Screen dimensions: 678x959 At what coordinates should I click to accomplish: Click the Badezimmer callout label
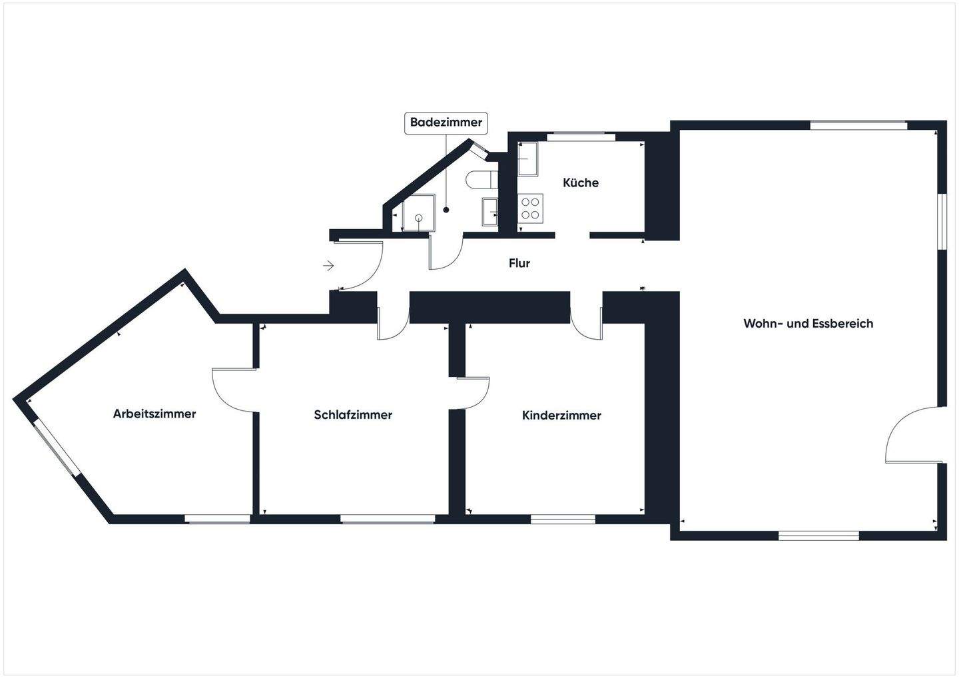coord(446,123)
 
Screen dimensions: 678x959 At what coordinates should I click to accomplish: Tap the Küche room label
coord(581,182)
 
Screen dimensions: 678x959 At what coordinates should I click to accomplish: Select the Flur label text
coord(519,263)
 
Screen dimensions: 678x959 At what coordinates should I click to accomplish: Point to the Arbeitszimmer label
coord(155,414)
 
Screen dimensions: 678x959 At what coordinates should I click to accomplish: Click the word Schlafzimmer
coord(353,415)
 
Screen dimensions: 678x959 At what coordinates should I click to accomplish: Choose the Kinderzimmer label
coord(561,416)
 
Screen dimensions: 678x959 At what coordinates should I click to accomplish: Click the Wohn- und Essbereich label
coord(808,324)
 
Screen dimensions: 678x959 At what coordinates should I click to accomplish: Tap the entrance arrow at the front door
coord(328,266)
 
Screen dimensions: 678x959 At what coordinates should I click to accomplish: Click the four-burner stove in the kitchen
coord(531,207)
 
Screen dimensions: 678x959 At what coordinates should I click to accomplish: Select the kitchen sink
coord(528,159)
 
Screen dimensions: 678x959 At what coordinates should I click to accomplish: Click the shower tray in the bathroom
coord(418,212)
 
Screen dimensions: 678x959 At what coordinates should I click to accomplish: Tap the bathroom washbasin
coord(489,211)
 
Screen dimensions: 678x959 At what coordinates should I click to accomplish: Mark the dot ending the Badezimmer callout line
coord(446,210)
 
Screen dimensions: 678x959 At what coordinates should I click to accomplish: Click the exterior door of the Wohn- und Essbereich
coord(911,436)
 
